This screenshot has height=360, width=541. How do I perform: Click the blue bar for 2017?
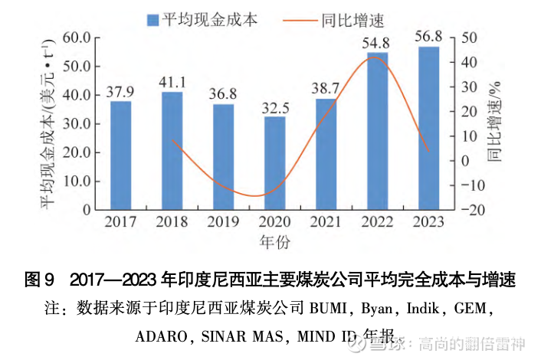click(x=120, y=155)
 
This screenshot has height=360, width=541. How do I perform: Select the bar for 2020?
click(x=275, y=163)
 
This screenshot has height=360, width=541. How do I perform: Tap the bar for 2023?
click(x=429, y=128)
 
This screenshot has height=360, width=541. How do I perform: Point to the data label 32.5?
click(x=275, y=106)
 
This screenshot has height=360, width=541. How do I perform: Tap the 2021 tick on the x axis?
click(x=326, y=222)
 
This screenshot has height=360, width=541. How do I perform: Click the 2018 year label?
click(x=172, y=222)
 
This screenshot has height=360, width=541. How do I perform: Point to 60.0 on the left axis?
click(x=77, y=38)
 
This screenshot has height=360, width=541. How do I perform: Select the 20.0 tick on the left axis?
click(x=77, y=152)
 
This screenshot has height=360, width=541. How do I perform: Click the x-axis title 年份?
click(x=274, y=241)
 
